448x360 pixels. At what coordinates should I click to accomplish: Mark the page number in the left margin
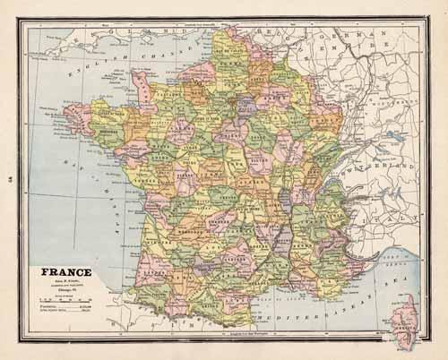click(x=12, y=178)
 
